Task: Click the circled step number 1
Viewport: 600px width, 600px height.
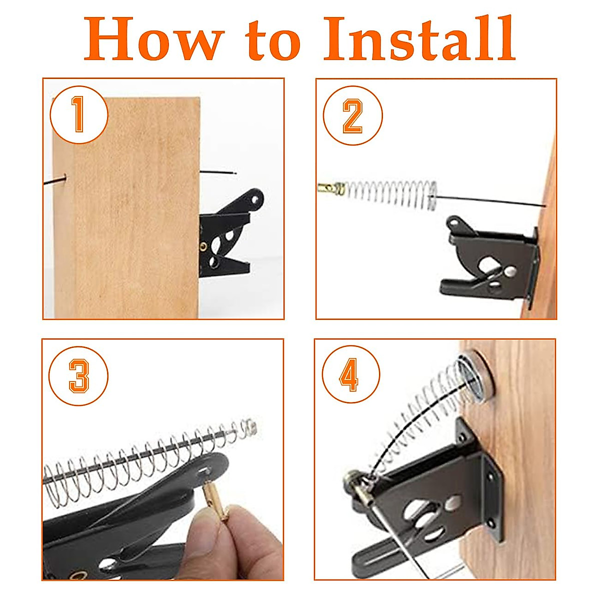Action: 79,114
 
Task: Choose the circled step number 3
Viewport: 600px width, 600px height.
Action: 78,376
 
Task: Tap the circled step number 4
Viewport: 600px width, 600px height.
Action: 351,375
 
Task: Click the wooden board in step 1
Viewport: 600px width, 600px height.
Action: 126,207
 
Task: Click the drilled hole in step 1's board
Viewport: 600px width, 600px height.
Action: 65,177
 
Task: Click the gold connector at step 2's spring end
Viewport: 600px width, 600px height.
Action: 331,188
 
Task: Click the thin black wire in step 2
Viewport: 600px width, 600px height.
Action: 490,200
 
